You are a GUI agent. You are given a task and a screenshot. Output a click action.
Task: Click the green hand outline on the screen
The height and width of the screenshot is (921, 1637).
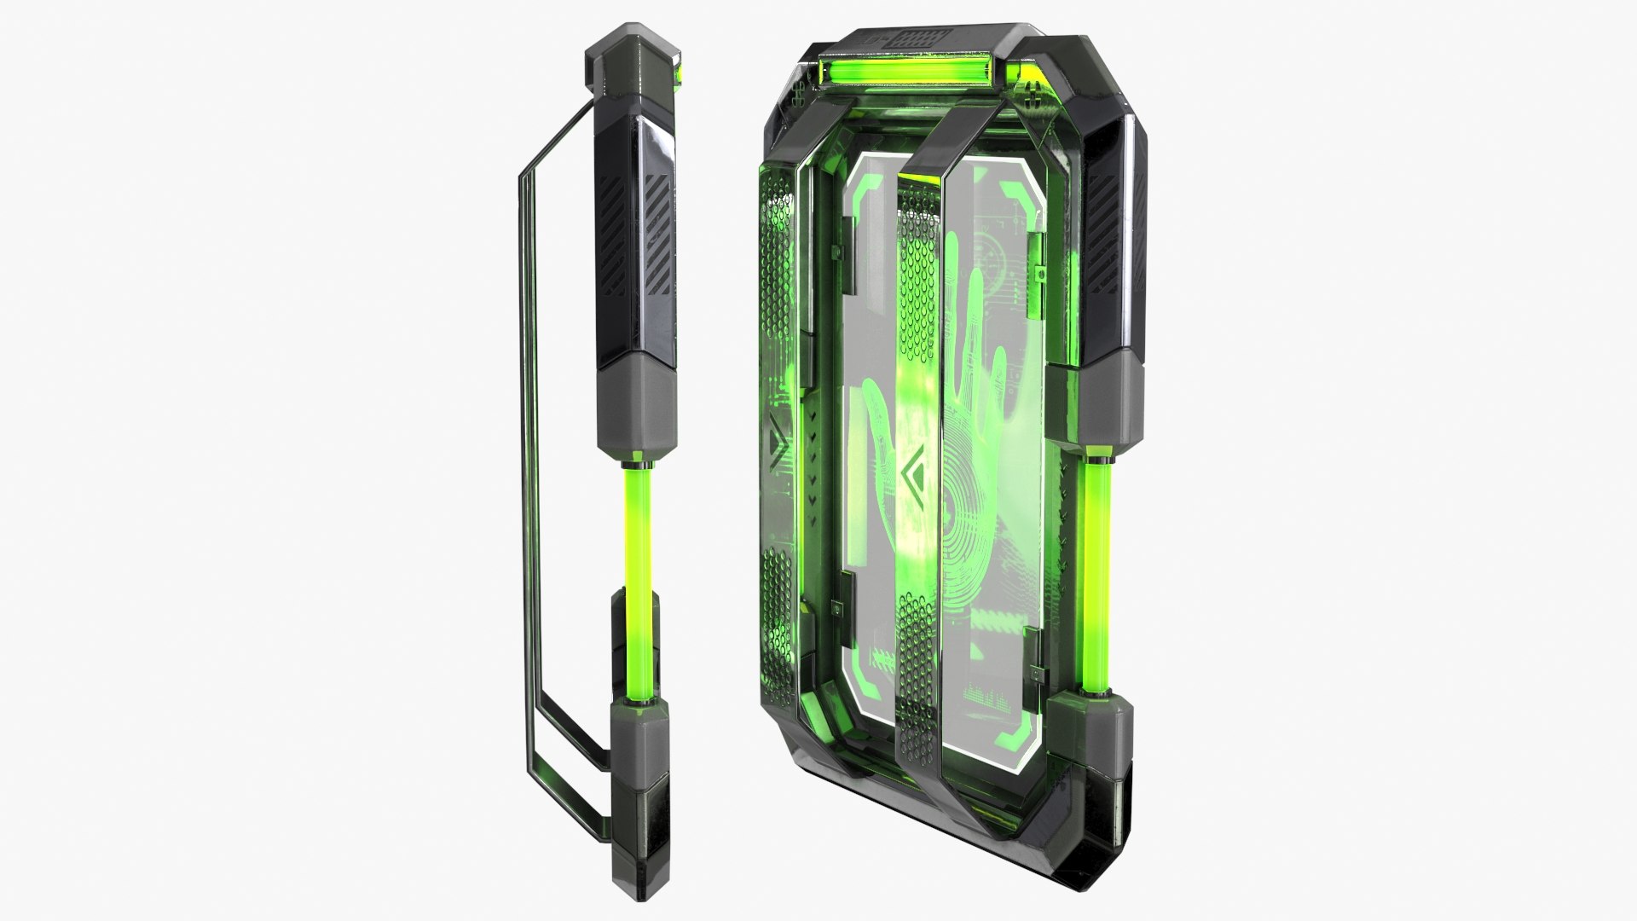[x=972, y=341]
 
